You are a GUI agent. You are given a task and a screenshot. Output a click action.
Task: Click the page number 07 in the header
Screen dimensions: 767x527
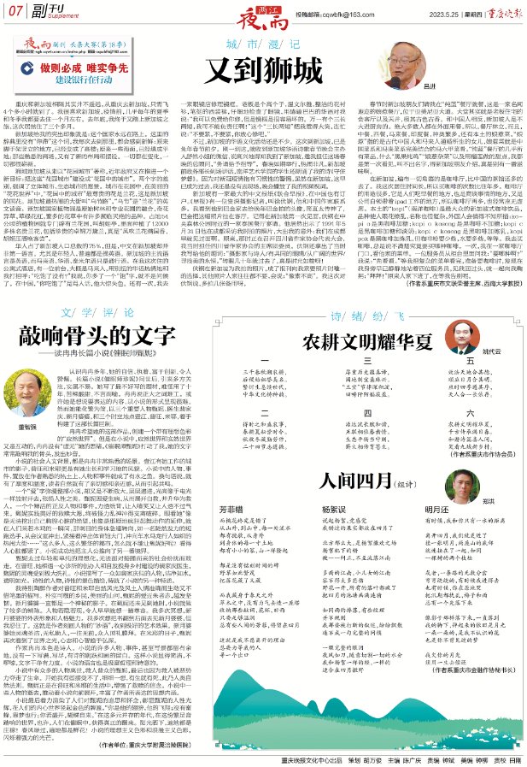click(14, 13)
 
